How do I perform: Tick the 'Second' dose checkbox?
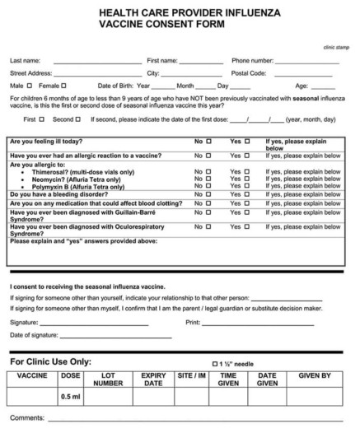click(x=82, y=119)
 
